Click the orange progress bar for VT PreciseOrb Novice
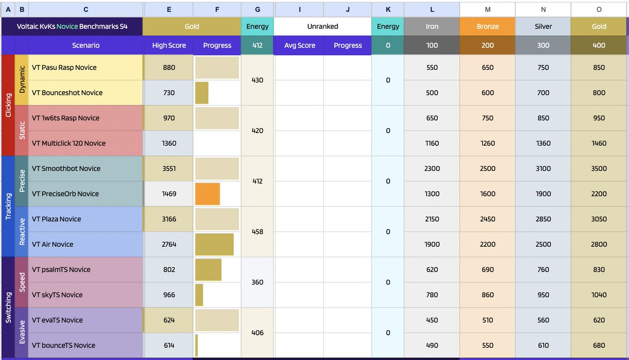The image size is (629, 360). coord(208,194)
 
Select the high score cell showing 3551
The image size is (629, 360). coord(169,169)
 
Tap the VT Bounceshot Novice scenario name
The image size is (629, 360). coord(67,93)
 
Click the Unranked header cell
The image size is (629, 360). coord(322,26)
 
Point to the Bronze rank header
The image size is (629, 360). coord(487,26)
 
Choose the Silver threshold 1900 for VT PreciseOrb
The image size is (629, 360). coord(543,194)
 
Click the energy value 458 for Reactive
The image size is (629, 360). coord(257,232)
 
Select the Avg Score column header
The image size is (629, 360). coord(300,45)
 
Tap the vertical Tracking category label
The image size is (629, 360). coord(8,206)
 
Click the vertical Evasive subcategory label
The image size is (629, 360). coord(22,332)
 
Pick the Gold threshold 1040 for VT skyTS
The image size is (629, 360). coord(599,295)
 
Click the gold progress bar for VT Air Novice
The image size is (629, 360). coord(214,244)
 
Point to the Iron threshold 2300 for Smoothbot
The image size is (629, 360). coord(432,169)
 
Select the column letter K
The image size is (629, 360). coord(388,9)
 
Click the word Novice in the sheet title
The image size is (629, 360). coord(67,26)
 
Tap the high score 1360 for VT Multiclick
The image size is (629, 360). coord(169,143)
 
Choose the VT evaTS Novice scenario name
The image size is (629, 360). coord(57,320)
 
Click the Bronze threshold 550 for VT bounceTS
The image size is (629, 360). coord(487,345)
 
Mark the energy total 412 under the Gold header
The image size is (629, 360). coord(257,45)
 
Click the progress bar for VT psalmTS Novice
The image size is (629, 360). coord(208,269)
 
